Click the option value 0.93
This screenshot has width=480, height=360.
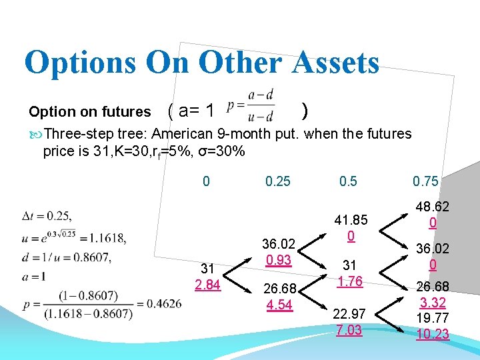pyautogui.click(x=278, y=260)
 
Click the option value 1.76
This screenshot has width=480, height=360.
pyautogui.click(x=349, y=281)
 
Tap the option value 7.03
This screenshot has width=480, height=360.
pyautogui.click(x=349, y=330)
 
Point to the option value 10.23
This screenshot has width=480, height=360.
pyautogui.click(x=433, y=334)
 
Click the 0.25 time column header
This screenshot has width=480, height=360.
pyautogui.click(x=278, y=181)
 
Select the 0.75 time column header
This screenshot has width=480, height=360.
pyautogui.click(x=425, y=181)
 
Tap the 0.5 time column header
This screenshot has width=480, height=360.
pyautogui.click(x=347, y=181)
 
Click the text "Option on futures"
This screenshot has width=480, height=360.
pyautogui.click(x=90, y=111)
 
